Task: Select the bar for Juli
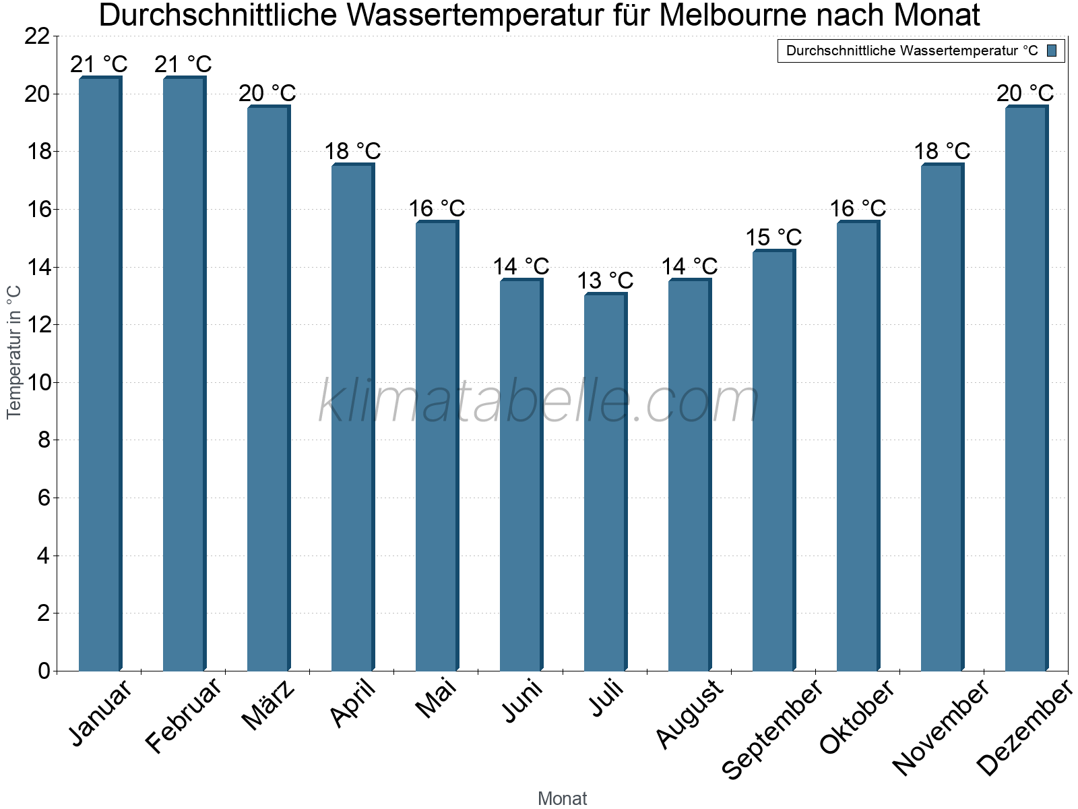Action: (604, 482)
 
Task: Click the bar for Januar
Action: (99, 374)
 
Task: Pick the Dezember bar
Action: (1025, 388)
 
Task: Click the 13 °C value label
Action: (605, 280)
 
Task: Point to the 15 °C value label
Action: (773, 237)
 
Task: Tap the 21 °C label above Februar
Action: (183, 65)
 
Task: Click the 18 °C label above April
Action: (352, 151)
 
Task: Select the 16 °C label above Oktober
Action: (858, 208)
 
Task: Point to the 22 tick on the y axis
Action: (37, 36)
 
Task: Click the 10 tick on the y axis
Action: (37, 383)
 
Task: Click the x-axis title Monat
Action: (562, 798)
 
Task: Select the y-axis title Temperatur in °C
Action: (14, 352)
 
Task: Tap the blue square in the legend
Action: (1052, 51)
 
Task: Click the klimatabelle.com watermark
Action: (539, 402)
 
